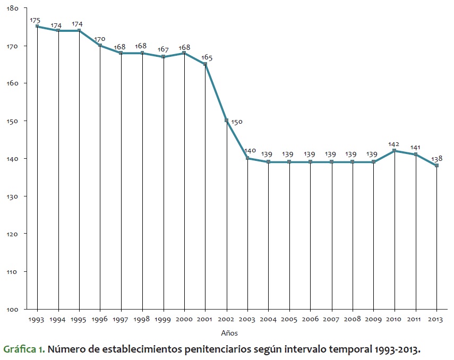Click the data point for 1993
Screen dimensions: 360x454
(37, 26)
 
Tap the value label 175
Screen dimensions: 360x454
(35, 20)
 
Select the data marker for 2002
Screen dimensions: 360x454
(227, 121)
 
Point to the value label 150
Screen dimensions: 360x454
(236, 122)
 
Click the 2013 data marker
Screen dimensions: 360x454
(436, 165)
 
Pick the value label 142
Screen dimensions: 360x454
(394, 144)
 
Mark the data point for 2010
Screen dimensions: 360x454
(395, 150)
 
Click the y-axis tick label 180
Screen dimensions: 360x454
(14, 8)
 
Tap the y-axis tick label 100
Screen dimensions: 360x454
(14, 309)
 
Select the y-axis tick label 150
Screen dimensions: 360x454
(14, 121)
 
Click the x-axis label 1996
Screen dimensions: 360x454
(100, 319)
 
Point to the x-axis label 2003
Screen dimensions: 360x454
(247, 319)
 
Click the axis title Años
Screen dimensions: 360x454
(229, 333)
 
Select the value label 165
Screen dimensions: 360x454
(207, 57)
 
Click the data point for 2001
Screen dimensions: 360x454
(205, 64)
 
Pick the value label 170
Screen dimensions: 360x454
(100, 39)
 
